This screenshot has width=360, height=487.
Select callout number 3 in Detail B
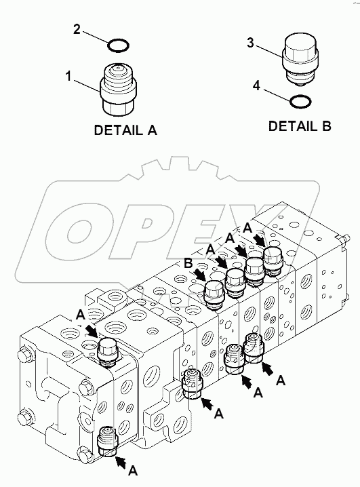(250, 43)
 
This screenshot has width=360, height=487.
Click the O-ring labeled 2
(119, 45)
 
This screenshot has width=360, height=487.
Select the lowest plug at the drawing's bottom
(109, 442)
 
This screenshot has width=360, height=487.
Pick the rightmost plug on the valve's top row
(273, 259)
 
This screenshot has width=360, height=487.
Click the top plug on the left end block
(108, 349)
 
